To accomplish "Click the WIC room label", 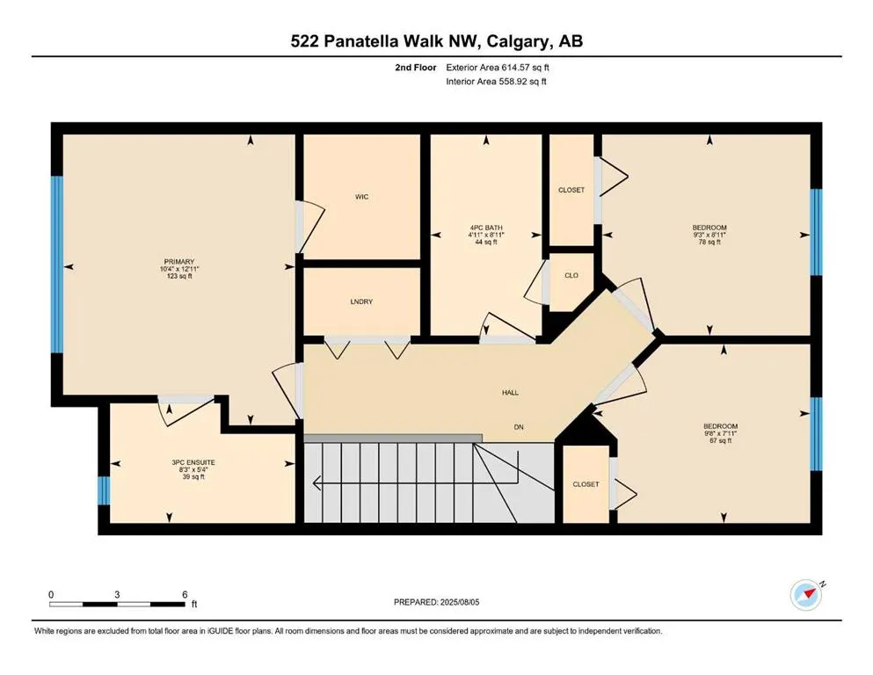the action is pyautogui.click(x=362, y=197).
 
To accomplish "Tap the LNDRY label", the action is pyautogui.click(x=361, y=301).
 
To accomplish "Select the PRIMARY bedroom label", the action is pyautogui.click(x=179, y=262).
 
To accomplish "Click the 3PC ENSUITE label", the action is pyautogui.click(x=193, y=462).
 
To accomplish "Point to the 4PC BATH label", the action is pyautogui.click(x=486, y=228).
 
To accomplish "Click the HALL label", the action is pyautogui.click(x=510, y=392).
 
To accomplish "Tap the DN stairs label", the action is pyautogui.click(x=519, y=427).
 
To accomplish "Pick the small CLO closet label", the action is pyautogui.click(x=571, y=275).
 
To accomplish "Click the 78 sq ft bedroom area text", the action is pyautogui.click(x=709, y=242).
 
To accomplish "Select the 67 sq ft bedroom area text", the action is pyautogui.click(x=720, y=440).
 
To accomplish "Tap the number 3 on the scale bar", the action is pyautogui.click(x=117, y=594).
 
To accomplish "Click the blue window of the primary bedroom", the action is pyautogui.click(x=57, y=265).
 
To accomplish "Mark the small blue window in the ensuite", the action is pyautogui.click(x=104, y=490).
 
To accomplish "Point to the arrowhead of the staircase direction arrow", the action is pyautogui.click(x=317, y=483).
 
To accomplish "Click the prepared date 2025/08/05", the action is pyautogui.click(x=459, y=602).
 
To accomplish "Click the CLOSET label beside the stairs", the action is pyautogui.click(x=586, y=484).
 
